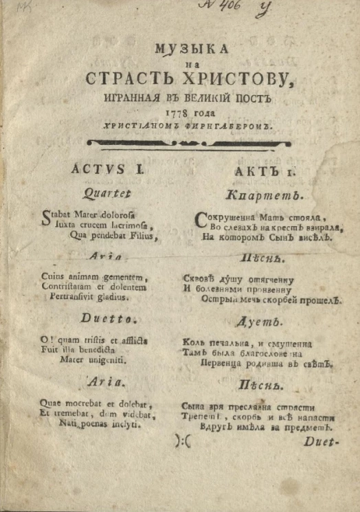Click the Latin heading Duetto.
[102, 318]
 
